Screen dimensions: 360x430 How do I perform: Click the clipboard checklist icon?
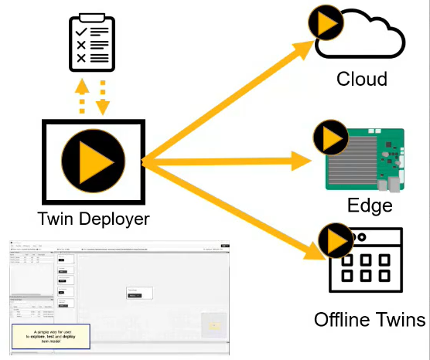pyautogui.click(x=92, y=42)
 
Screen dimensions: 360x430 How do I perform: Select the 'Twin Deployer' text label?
pyautogui.click(x=93, y=219)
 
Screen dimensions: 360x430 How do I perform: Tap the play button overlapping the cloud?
pyautogui.click(x=326, y=25)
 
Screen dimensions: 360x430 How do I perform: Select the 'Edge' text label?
pyautogui.click(x=370, y=205)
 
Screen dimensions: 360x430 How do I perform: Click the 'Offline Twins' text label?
pyautogui.click(x=370, y=319)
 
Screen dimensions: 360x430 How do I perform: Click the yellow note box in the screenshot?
pyautogui.click(x=50, y=335)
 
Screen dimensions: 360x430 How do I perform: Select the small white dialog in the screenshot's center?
pyautogui.click(x=139, y=293)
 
